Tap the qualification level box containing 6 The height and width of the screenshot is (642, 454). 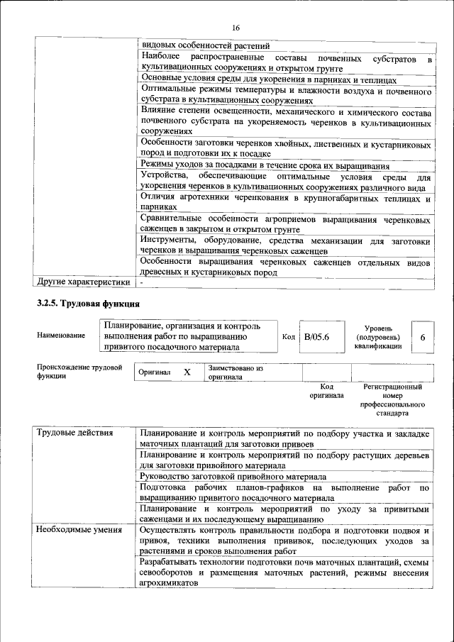pos(422,338)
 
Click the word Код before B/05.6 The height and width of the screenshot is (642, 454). pos(288,337)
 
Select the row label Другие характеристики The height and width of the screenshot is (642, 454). pos(83,282)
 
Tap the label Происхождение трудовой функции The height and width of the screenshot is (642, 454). pos(79,372)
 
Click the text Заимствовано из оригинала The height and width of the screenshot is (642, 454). pos(236,373)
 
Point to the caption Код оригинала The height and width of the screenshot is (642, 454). pos(326,391)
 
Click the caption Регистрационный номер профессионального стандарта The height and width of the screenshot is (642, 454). pos(392,399)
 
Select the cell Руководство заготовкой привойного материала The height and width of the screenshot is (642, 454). pos(233,477)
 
